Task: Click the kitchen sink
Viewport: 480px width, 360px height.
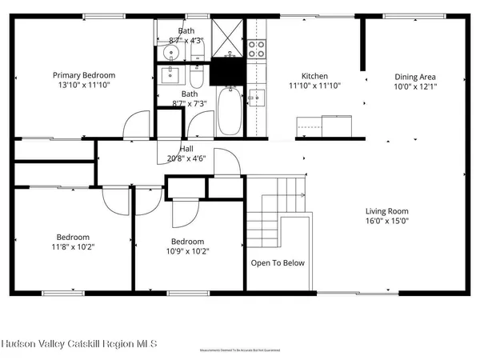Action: point(257,98)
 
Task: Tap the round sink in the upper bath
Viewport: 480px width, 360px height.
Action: point(170,54)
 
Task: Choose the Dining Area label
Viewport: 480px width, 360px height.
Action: point(414,77)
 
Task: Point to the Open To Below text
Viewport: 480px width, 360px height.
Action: point(278,262)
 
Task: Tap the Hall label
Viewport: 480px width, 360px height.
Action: point(186,148)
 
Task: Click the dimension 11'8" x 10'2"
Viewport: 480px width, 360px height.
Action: point(72,247)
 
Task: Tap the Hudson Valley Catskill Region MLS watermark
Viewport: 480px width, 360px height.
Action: point(80,343)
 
